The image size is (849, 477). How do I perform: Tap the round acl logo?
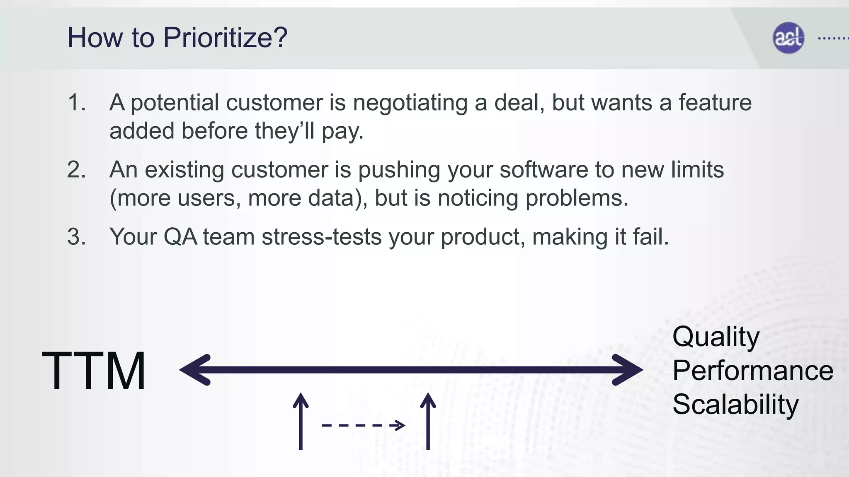tap(788, 38)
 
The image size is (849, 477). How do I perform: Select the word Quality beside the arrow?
tap(716, 337)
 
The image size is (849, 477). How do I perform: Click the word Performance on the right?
tap(752, 371)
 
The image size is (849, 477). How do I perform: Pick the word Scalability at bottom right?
tap(735, 405)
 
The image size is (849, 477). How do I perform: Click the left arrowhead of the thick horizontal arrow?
tap(195, 370)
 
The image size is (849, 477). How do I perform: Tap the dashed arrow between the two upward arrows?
tap(363, 425)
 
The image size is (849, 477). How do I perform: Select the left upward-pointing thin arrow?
tap(301, 421)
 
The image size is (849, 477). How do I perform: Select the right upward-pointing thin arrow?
tap(428, 421)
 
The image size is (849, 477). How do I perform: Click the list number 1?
tap(76, 102)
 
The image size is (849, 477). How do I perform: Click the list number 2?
tap(76, 170)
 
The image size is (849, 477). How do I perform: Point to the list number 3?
tap(76, 237)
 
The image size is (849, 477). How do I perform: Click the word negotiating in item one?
tap(410, 103)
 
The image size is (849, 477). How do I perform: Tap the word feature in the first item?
tap(715, 102)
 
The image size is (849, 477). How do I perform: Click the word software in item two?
tap(543, 170)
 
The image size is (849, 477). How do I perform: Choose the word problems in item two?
tap(577, 198)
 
